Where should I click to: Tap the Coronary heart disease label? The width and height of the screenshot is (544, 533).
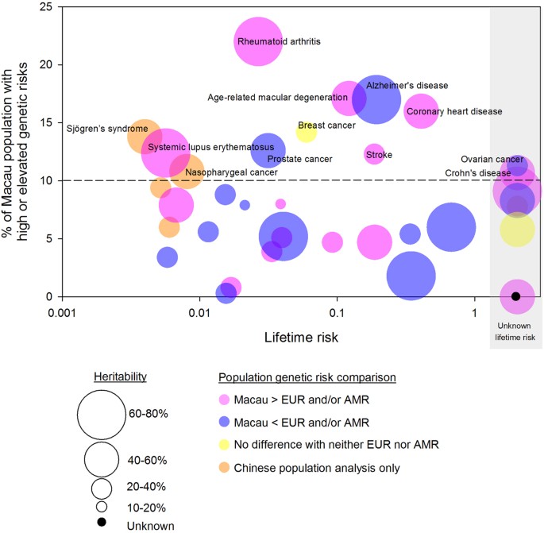454,112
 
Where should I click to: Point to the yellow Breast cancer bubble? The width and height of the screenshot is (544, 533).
307,132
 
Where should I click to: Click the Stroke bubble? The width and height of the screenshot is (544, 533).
375,154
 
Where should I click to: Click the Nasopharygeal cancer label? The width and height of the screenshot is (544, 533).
231,172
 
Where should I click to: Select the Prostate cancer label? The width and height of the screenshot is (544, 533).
299,159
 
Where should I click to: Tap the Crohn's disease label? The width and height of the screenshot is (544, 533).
477,173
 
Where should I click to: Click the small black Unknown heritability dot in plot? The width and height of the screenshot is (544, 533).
515,296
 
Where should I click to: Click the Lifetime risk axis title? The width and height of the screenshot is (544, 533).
301,338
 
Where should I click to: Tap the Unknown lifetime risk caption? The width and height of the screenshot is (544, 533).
515,332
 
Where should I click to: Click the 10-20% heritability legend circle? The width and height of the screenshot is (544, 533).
101,505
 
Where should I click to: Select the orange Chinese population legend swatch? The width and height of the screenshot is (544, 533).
226,467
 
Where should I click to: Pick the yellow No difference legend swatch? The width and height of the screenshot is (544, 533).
226,444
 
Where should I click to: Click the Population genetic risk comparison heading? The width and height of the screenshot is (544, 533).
307,376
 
